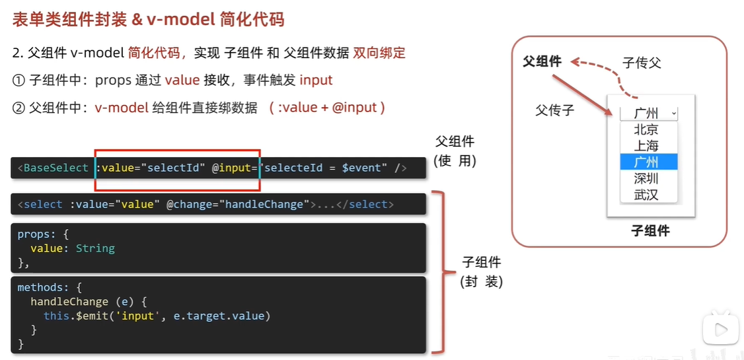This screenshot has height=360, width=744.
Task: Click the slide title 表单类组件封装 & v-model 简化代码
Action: (148, 20)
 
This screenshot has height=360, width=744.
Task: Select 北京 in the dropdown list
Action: (646, 129)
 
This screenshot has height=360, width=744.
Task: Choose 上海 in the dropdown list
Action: (646, 145)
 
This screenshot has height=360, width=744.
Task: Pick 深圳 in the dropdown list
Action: (646, 178)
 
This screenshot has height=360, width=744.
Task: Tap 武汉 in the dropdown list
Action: (646, 195)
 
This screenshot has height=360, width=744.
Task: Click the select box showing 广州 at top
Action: (648, 113)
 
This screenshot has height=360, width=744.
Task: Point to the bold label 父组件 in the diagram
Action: (542, 61)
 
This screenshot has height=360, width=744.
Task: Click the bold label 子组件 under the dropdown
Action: (650, 231)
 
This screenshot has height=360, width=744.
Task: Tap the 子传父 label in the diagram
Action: (642, 63)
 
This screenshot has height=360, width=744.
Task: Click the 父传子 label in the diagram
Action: (554, 110)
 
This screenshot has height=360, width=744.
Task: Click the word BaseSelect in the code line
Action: (56, 168)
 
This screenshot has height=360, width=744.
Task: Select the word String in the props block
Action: (95, 248)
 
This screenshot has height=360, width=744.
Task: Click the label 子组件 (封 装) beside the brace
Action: (482, 271)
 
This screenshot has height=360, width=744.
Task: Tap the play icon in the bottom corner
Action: (721, 330)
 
